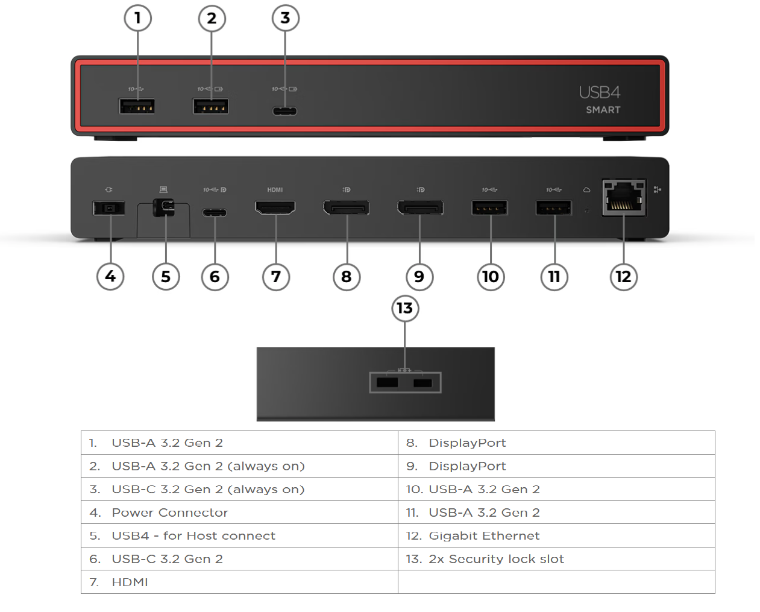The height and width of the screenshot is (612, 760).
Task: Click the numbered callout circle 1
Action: (137, 18)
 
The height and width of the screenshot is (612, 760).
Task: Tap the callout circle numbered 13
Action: (404, 308)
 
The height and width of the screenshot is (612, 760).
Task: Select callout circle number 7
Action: (276, 277)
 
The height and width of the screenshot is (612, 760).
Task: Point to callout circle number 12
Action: (623, 277)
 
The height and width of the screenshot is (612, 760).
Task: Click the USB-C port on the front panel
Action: (284, 111)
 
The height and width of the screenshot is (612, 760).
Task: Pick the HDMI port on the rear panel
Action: (275, 208)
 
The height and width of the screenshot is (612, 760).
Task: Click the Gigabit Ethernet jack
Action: (624, 198)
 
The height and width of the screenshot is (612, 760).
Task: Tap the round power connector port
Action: (109, 208)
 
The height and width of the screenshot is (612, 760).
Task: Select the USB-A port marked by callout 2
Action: (210, 107)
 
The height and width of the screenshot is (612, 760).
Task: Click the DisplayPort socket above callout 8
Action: (347, 209)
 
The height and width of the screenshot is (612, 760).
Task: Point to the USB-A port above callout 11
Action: (554, 209)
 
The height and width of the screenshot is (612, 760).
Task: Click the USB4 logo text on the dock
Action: (599, 92)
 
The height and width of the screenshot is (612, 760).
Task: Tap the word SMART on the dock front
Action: (603, 110)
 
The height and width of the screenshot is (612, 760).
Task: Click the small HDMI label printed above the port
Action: (275, 190)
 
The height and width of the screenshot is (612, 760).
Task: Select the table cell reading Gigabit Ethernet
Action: (484, 535)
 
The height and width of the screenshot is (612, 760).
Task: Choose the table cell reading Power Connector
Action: (170, 513)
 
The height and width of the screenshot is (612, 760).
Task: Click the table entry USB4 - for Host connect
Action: (193, 535)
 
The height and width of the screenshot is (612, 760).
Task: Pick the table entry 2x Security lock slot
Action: (496, 559)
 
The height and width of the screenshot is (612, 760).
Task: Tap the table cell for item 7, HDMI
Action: (130, 582)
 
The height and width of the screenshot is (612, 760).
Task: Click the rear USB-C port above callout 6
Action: (215, 212)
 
